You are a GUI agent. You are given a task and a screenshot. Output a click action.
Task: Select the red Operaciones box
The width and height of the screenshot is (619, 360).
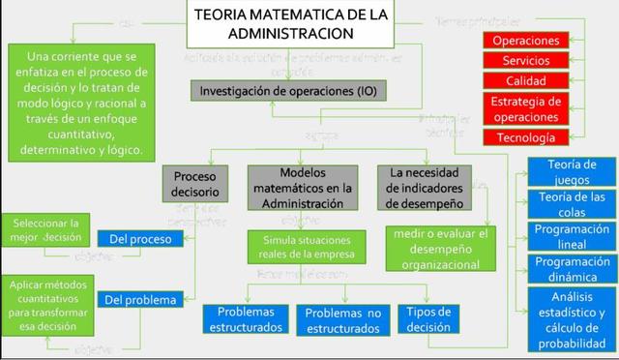pos(525,41)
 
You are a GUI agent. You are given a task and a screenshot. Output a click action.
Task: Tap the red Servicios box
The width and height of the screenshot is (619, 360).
pos(525,61)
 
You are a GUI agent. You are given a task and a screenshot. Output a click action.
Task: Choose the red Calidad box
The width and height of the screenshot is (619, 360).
pos(525,81)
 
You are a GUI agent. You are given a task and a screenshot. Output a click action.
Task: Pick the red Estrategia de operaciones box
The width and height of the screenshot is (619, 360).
pos(525,109)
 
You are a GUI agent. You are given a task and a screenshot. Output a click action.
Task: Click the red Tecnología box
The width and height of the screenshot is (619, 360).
pos(525,137)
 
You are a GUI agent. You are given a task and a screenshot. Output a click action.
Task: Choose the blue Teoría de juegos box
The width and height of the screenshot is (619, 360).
pos(571,171)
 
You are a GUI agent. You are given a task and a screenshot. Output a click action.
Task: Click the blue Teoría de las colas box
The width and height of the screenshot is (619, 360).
pos(571,204)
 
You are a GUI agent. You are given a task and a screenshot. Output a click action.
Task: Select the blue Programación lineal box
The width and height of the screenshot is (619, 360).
pos(571,237)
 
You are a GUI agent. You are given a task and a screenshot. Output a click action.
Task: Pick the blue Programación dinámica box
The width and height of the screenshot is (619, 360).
pos(571,270)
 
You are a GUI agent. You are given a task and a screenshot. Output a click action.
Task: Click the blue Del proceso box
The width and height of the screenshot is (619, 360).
pos(140,238)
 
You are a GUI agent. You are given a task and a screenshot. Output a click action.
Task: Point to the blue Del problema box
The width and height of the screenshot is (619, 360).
pos(140,272)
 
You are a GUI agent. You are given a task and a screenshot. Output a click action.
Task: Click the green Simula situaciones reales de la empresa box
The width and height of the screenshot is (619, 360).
pos(300,246)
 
